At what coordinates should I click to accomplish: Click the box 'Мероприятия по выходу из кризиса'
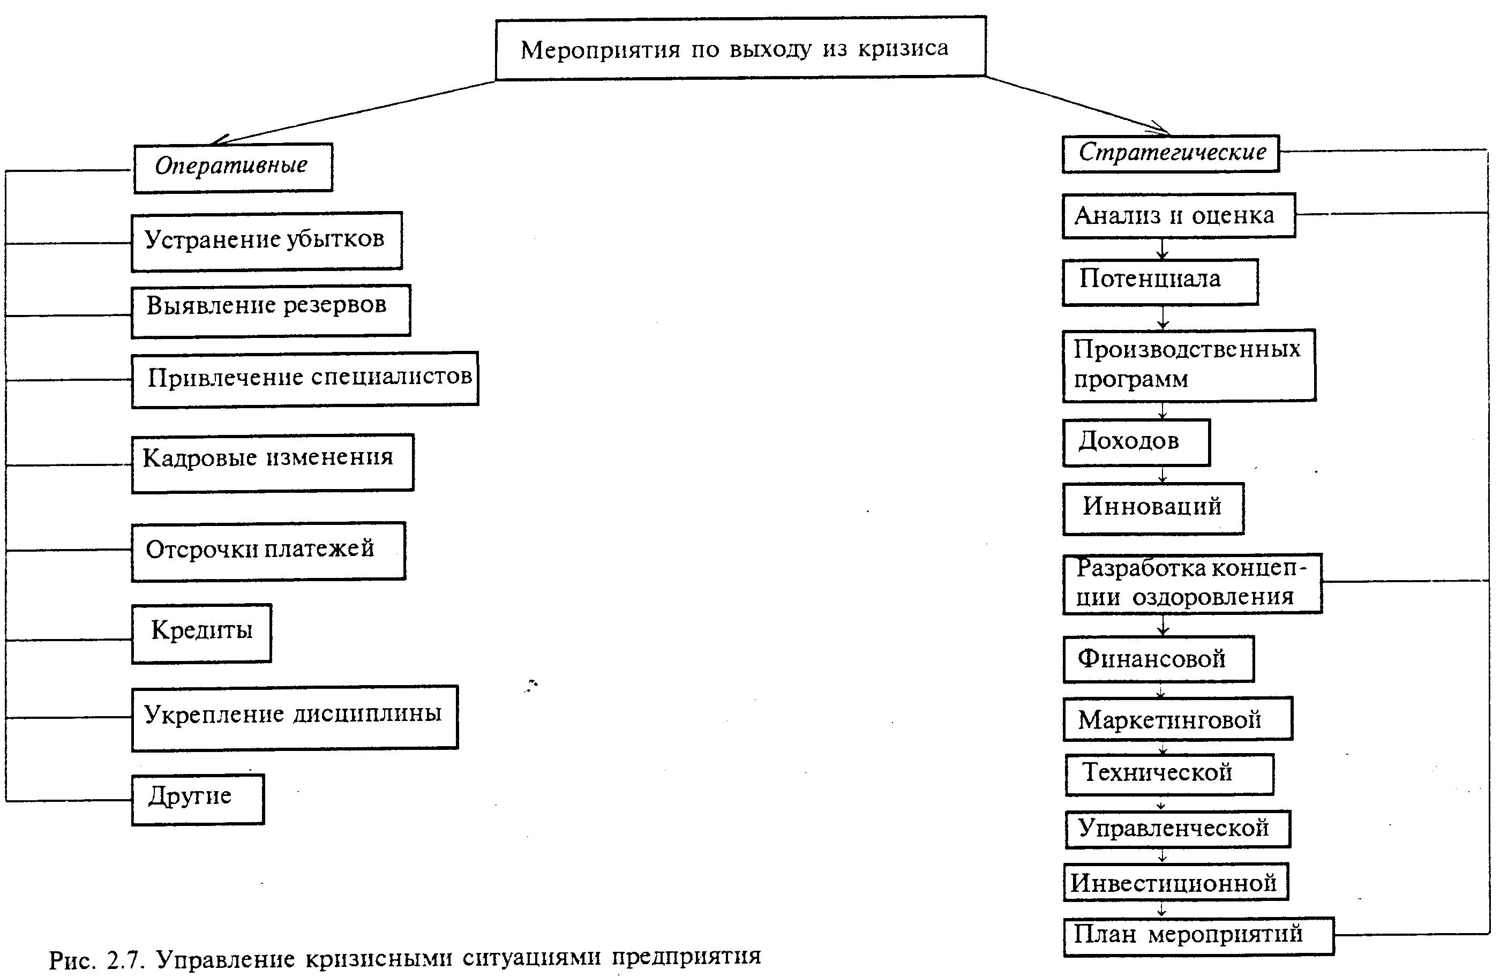[x=740, y=49]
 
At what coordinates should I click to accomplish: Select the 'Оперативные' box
[x=232, y=167]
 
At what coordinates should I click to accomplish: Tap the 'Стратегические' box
[x=1171, y=153]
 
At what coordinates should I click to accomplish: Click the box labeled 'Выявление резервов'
[x=271, y=310]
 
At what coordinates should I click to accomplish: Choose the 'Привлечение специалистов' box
[x=305, y=378]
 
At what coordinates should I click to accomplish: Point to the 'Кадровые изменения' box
[x=272, y=462]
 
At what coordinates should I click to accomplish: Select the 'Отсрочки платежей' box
[x=268, y=550]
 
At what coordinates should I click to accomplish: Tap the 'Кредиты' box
[x=201, y=633]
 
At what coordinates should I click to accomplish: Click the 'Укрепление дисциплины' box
[x=294, y=717]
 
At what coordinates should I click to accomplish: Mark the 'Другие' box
[x=197, y=799]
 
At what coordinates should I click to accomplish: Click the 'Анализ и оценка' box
[x=1178, y=215]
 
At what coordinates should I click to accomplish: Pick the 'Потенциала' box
[x=1160, y=281]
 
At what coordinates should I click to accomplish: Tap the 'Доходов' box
[x=1136, y=442]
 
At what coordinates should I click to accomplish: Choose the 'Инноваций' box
[x=1153, y=508]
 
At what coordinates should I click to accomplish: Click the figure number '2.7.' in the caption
[x=126, y=960]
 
